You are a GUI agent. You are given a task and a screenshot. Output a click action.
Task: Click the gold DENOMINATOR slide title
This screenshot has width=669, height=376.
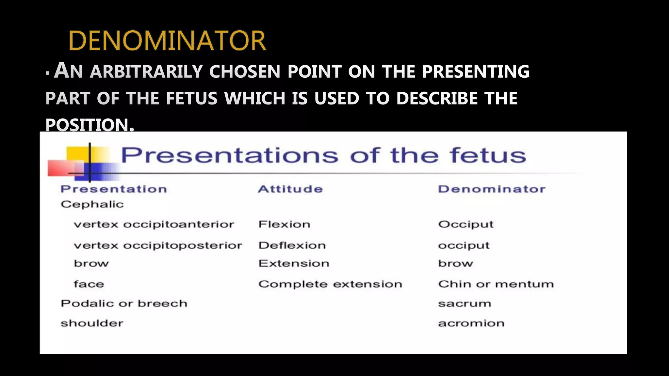coord(167,41)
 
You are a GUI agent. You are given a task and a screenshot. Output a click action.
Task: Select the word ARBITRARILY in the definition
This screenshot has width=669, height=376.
coord(146,71)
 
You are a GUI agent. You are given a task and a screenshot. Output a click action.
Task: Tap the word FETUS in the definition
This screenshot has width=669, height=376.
coord(191,98)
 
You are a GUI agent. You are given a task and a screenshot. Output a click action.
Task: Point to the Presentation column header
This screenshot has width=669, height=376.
coord(114,189)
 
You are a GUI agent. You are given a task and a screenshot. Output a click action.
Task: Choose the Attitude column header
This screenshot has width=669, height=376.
coord(290,189)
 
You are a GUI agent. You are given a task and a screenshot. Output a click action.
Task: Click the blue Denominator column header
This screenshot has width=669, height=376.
coord(492,189)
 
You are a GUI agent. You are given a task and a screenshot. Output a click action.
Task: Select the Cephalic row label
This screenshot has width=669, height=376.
coord(92,204)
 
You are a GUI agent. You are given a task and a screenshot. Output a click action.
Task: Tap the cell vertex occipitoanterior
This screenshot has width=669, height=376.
coord(154,225)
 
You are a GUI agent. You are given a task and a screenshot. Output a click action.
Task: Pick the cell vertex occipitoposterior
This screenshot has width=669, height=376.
coord(158,245)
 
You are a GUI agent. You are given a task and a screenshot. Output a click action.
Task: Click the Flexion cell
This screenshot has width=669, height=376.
coord(284,225)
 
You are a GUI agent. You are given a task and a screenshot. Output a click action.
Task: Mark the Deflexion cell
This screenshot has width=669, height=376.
coord(292,245)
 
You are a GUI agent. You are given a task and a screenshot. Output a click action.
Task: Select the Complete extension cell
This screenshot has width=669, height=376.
coord(330,284)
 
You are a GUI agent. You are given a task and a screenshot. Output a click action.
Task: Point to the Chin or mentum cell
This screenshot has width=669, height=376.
coord(496,284)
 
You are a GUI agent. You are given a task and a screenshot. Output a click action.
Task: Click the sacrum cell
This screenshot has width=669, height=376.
coord(465,304)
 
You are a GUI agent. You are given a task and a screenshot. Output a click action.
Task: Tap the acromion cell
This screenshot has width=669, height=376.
coord(471,323)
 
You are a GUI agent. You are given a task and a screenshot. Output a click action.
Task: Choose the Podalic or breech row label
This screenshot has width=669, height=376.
coord(124,304)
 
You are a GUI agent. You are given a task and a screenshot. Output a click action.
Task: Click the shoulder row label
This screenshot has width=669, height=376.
coord(92,323)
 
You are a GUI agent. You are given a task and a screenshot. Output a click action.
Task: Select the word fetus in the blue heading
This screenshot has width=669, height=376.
coord(488,155)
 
